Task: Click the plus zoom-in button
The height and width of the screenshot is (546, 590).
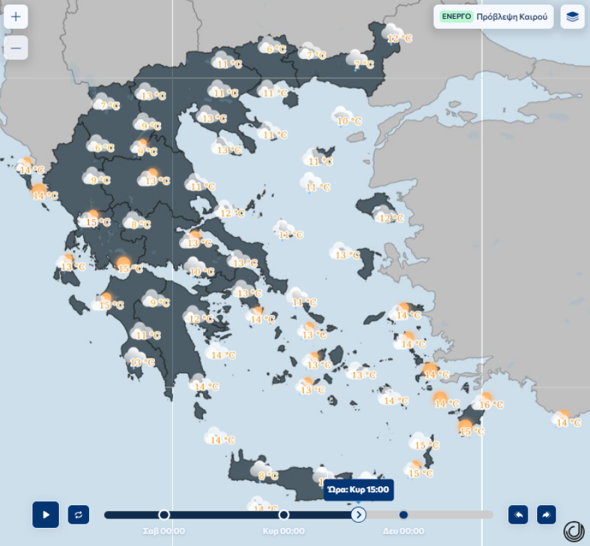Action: (16, 17)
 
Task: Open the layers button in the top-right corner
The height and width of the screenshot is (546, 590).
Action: (572, 17)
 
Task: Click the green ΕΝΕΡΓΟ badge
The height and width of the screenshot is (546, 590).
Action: (457, 17)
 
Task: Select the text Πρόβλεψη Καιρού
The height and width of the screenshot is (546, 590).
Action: (512, 17)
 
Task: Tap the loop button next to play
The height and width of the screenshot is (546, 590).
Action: (78, 515)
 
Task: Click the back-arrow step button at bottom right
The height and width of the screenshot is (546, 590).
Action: (518, 515)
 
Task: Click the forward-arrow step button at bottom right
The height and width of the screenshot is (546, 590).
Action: (546, 515)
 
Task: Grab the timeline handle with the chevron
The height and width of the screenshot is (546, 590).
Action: (359, 515)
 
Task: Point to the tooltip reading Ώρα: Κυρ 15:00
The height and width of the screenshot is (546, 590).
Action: (359, 490)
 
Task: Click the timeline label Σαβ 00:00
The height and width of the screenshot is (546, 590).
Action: (164, 531)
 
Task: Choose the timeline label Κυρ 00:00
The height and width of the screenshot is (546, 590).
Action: (284, 531)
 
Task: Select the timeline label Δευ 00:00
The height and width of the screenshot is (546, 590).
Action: (404, 531)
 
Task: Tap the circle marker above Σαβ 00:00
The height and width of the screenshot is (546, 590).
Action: (164, 515)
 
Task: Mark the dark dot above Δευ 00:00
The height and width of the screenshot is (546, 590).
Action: (404, 515)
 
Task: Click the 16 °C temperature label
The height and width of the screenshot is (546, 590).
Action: (491, 405)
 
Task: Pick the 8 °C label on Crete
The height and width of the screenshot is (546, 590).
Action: (268, 476)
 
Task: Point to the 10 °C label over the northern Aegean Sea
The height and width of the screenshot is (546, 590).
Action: (349, 121)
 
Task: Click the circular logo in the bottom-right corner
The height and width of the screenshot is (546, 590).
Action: (573, 531)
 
